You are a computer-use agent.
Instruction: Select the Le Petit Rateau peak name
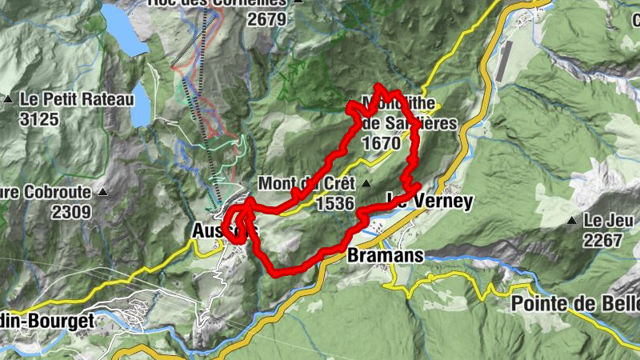(x=65, y=101)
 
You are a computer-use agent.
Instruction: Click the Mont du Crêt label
(x=306, y=183)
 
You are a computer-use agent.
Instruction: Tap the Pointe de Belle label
(x=575, y=304)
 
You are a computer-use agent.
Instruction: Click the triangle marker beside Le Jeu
(x=572, y=220)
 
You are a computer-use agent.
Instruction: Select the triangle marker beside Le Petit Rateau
(x=8, y=99)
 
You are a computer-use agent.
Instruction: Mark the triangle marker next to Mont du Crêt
(x=366, y=184)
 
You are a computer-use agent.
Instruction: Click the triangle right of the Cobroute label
(x=103, y=193)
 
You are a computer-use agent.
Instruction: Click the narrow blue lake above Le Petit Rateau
(x=139, y=104)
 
